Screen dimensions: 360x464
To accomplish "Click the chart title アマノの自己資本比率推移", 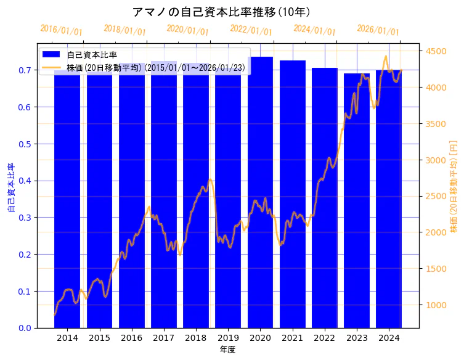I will tap(221, 12).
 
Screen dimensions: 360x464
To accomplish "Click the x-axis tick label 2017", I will tap(164, 338).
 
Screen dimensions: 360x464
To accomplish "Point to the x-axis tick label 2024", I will tap(389, 338).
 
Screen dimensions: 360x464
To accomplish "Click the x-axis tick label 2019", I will tap(228, 338).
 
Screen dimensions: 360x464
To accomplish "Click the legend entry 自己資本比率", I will tap(92, 55).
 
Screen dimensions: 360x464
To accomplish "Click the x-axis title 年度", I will tap(227, 350).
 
